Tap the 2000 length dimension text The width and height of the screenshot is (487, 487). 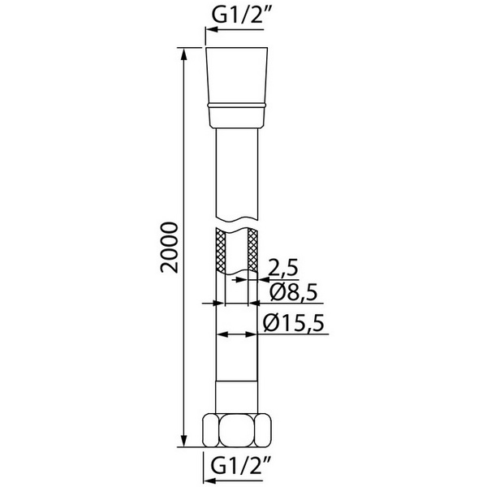tap(170, 248)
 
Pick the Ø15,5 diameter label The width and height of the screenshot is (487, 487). tap(293, 323)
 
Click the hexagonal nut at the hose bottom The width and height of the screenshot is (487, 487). tap(236, 430)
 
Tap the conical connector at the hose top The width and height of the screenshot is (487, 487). tap(237, 88)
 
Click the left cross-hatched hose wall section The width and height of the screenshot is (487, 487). tap(220, 250)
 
